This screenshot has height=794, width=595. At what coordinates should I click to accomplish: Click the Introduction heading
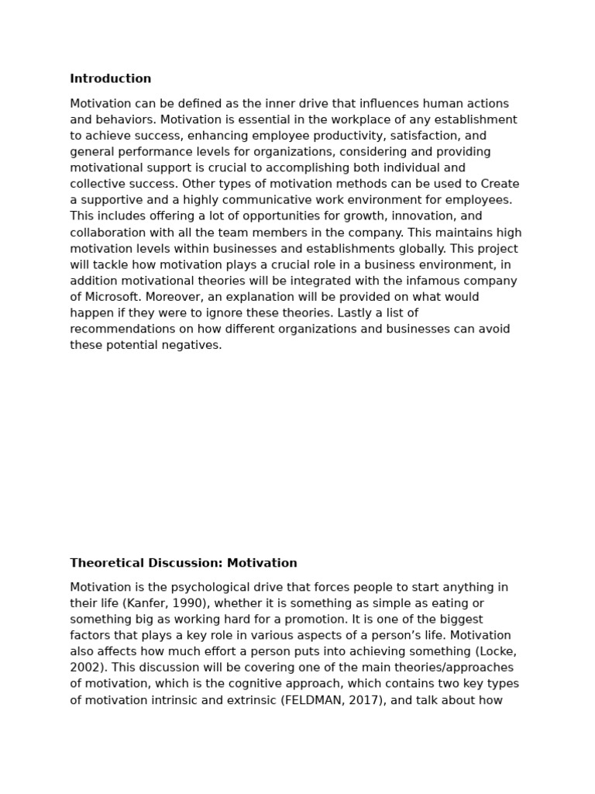(x=111, y=79)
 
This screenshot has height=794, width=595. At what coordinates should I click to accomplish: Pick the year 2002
(x=85, y=668)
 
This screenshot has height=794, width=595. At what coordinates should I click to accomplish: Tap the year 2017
(x=361, y=700)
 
